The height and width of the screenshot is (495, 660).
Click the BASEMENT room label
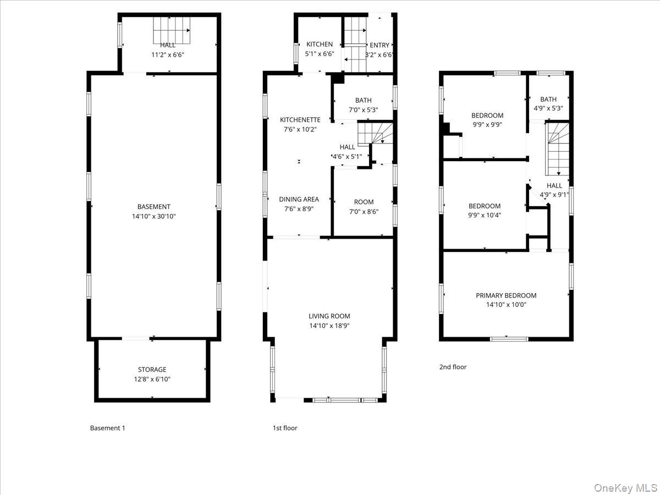click(154, 207)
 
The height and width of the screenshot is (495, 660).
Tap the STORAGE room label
click(152, 370)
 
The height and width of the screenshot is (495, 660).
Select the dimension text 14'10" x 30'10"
click(154, 216)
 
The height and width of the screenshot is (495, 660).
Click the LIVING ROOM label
click(329, 316)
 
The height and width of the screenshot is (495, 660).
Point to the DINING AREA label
click(299, 200)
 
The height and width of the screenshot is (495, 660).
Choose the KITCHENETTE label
click(300, 119)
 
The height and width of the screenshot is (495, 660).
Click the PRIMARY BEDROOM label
click(506, 295)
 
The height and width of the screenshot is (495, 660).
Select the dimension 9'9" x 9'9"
click(487, 124)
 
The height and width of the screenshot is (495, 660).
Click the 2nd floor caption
click(453, 367)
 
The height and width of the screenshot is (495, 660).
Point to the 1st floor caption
click(285, 428)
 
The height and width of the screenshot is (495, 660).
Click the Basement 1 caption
click(107, 428)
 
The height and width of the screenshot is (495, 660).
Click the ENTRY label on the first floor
click(380, 45)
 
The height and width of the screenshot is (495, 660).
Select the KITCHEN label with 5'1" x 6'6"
click(320, 44)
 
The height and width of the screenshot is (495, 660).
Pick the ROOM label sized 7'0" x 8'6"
click(364, 202)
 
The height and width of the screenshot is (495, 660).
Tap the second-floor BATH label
click(548, 100)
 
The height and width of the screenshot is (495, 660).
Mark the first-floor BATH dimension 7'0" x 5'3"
click(364, 109)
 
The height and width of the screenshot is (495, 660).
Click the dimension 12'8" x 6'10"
click(152, 379)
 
